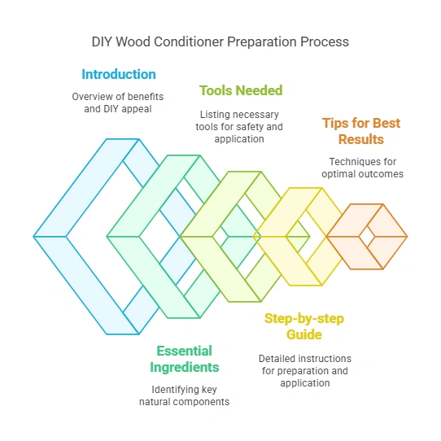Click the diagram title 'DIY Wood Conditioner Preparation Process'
pos(220,41)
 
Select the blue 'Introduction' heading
pos(119,74)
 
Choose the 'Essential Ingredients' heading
pos(185,359)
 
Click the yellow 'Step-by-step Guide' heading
pos(304,325)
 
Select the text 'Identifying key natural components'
pos(185,395)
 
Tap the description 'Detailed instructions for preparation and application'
pos(304,370)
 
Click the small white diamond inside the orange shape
pos(367,237)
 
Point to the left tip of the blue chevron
pos(36,237)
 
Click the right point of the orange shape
pos(406,237)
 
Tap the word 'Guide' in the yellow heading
pos(304,334)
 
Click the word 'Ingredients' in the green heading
pos(185,367)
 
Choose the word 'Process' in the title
pos(326,41)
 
